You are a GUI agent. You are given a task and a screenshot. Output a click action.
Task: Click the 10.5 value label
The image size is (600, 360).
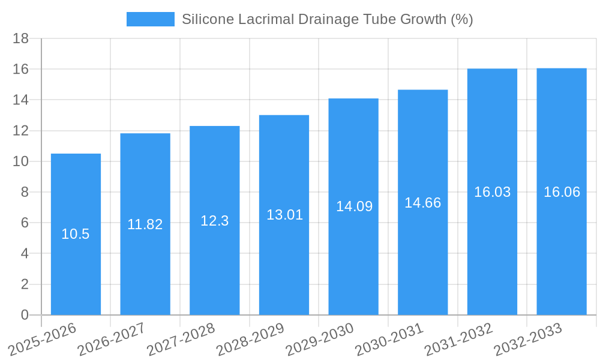(76, 235)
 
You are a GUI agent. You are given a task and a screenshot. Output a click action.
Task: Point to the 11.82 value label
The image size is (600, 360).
(145, 224)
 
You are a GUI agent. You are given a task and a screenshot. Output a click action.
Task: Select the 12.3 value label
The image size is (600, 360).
(214, 221)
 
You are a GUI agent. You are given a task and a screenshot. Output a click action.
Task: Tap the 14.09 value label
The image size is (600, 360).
(354, 206)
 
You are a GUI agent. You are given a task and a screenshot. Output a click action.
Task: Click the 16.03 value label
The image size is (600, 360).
(492, 192)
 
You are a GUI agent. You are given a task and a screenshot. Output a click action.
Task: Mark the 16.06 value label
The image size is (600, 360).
(562, 192)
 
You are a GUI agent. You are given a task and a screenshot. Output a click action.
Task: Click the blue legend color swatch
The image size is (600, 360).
(150, 19)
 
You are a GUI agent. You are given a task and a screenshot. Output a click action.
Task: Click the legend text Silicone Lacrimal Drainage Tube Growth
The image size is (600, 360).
(327, 19)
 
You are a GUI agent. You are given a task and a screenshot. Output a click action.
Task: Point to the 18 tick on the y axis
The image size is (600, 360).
(21, 38)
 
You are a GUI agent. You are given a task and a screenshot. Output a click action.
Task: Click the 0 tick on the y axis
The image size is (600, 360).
(25, 315)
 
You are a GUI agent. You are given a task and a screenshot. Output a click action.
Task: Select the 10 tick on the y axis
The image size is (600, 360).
(21, 161)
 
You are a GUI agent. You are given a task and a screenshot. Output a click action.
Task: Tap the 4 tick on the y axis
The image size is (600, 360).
(25, 254)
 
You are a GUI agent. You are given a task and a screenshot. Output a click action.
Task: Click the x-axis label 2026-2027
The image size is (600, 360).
(112, 339)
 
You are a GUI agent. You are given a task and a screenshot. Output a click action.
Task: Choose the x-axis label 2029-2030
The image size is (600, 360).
(320, 339)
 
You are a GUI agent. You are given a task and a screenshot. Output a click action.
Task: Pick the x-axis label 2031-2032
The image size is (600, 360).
(458, 339)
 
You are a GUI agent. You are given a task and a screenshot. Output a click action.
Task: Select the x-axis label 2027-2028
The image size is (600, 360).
(181, 339)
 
